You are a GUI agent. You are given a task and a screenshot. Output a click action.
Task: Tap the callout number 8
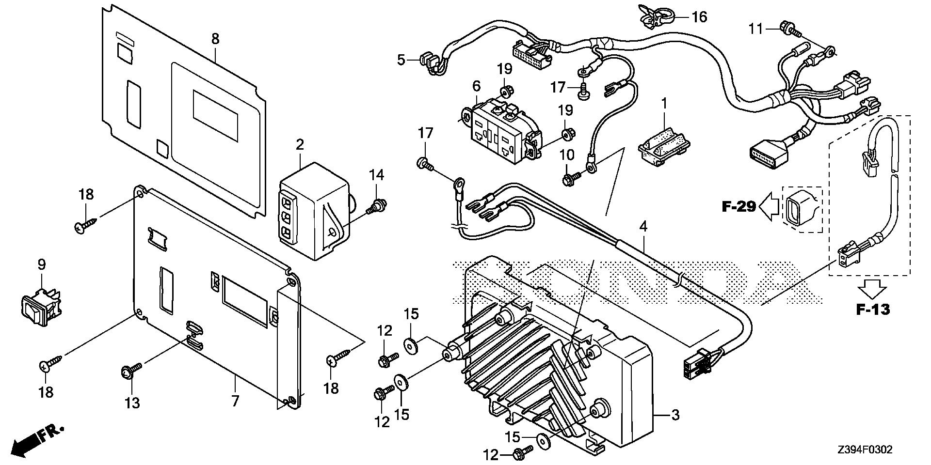coord(215,38)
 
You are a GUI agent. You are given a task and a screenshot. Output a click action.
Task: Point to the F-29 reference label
coord(739,207)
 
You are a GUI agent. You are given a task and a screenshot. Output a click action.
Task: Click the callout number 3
coord(675,415)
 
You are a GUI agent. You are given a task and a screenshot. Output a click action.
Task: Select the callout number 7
coord(235,401)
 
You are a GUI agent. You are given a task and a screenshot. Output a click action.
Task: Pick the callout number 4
coord(643,226)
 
